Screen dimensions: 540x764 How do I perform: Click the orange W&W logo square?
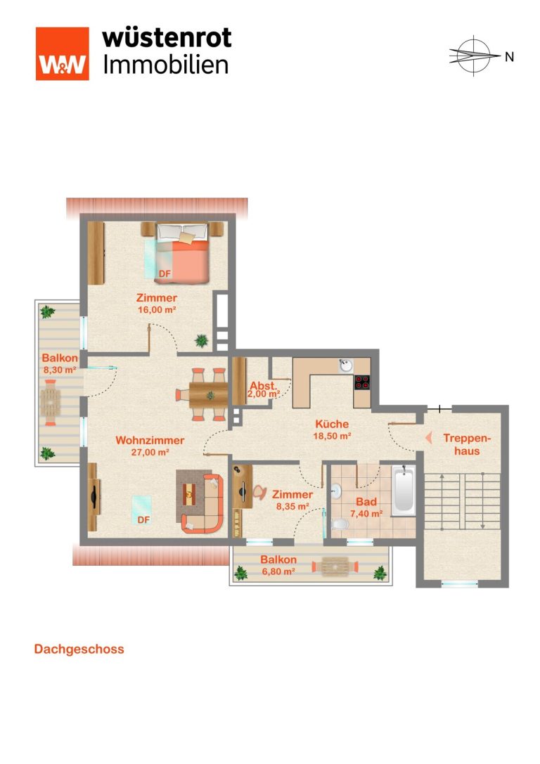[x=63, y=53]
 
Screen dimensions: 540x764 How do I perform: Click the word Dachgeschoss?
[x=79, y=649]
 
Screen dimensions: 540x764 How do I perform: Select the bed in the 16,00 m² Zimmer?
[x=183, y=253]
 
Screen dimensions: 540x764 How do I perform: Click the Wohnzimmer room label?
[x=150, y=441]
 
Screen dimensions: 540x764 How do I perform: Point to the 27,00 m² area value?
[x=150, y=452]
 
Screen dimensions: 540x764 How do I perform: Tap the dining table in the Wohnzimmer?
[x=209, y=395]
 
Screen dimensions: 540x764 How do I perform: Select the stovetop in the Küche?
[x=362, y=382]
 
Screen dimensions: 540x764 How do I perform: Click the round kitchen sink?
[x=347, y=365]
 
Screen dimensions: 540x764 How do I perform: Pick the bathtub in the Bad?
[x=404, y=490]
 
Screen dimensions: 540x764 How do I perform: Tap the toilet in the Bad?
[x=340, y=524]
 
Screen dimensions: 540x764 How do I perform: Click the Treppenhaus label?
[x=467, y=444]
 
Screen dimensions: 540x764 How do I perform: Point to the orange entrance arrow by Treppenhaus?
[x=428, y=438]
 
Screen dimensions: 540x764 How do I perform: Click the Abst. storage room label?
[x=263, y=385]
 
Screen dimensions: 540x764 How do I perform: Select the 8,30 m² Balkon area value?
[x=60, y=370]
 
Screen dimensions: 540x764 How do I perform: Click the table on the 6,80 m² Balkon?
[x=335, y=566]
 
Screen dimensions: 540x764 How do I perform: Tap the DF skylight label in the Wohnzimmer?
[x=143, y=520]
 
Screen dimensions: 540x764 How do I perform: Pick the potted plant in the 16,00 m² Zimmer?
[x=202, y=341]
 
